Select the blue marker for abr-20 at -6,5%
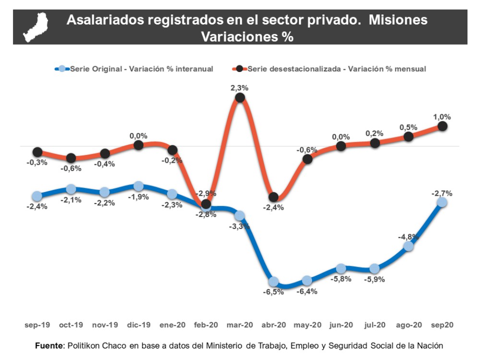pyautogui.click(x=274, y=281)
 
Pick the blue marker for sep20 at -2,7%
pyautogui.click(x=442, y=203)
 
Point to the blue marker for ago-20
pyautogui.click(x=408, y=246)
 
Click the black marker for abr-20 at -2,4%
pyautogui.click(x=274, y=197)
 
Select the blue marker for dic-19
pyautogui.click(x=138, y=186)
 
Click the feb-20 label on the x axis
pyautogui.click(x=206, y=325)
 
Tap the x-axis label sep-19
pyautogui.click(x=37, y=325)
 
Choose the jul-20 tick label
pyautogui.click(x=375, y=325)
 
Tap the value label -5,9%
pyautogui.click(x=374, y=280)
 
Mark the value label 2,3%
pyautogui.click(x=240, y=88)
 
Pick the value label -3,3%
pyautogui.click(x=240, y=226)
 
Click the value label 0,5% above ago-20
pyautogui.click(x=408, y=127)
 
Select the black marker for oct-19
pyautogui.click(x=71, y=158)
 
